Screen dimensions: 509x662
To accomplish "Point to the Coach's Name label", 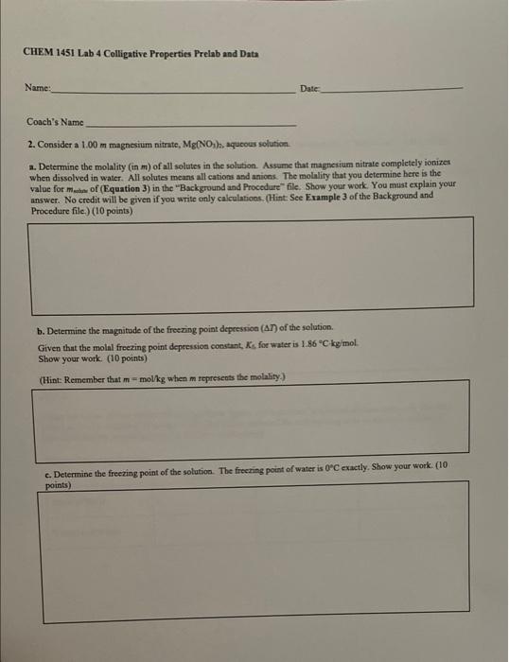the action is (x=55, y=123).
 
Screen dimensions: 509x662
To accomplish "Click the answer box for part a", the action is (x=250, y=263).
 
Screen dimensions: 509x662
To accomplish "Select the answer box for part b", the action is (x=250, y=417).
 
